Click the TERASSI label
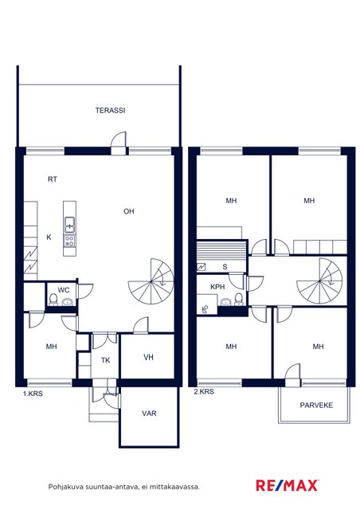tap(110, 110)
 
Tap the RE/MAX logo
tap(288, 485)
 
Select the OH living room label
tap(129, 211)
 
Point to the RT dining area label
tap(53, 179)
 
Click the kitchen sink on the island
tap(69, 225)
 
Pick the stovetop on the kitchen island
tap(69, 241)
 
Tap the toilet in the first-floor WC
tap(53, 300)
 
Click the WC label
tap(64, 290)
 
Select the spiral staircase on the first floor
tap(151, 281)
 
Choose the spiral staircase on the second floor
tap(319, 281)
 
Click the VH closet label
tap(148, 358)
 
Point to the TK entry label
tap(105, 360)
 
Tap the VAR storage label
tap(149, 414)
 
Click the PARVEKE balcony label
tap(316, 406)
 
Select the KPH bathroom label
tap(217, 287)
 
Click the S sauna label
tap(225, 267)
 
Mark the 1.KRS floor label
tap(33, 394)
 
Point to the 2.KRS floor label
tap(204, 391)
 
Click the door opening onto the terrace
tap(119, 143)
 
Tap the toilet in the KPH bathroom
tap(239, 300)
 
